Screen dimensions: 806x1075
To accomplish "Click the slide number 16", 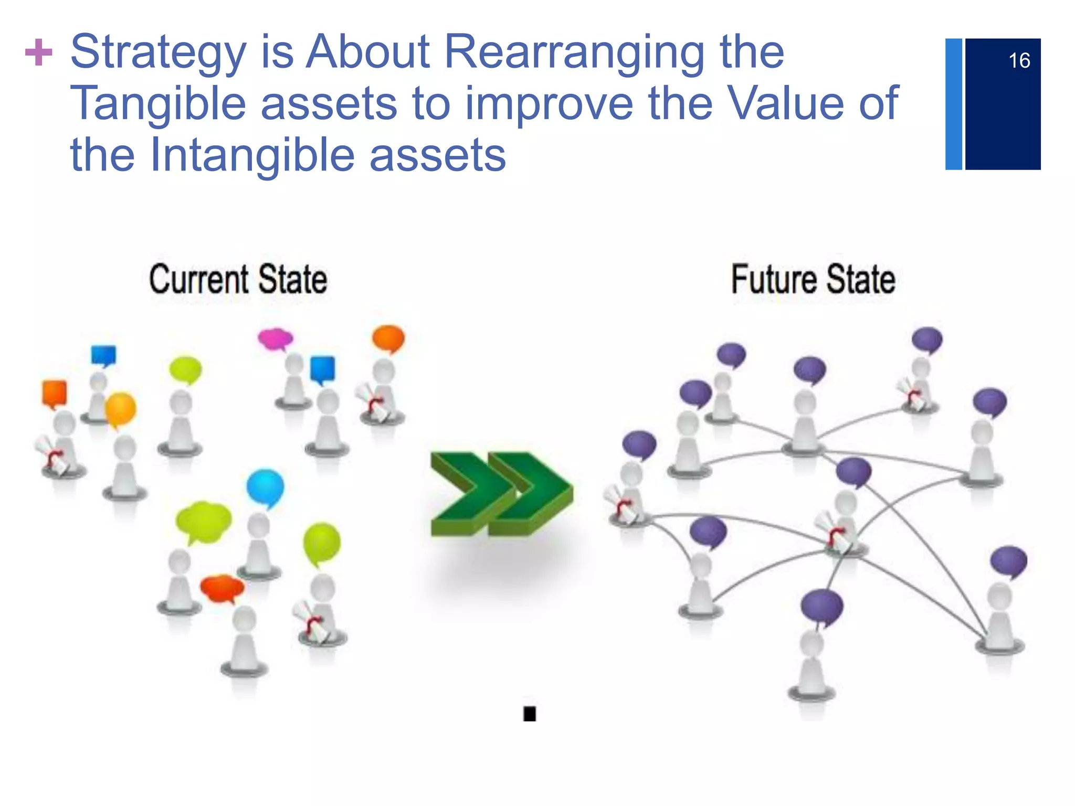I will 1019,61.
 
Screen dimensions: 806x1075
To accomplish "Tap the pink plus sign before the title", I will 39,52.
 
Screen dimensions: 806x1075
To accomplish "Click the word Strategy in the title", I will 158,52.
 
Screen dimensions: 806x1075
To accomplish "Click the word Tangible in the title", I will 158,103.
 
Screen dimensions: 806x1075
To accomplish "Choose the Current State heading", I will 238,279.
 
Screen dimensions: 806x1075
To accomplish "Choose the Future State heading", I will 813,279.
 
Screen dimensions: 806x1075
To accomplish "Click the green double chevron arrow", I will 501,493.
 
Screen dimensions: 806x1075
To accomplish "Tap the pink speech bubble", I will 275,338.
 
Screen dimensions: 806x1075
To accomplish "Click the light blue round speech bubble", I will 265,487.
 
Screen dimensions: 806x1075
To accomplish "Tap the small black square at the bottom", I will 529,714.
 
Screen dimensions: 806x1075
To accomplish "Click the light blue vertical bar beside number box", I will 953,104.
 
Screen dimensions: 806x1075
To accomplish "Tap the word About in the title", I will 368,52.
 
